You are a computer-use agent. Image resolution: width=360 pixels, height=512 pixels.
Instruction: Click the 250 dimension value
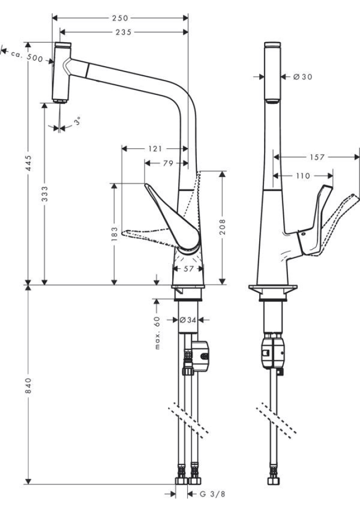pos(120,18)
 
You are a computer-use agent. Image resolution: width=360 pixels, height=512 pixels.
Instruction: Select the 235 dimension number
pos(123,32)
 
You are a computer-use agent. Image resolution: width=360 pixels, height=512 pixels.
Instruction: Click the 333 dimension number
pos(45,193)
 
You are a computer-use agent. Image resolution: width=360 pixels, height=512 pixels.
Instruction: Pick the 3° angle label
pos(78,122)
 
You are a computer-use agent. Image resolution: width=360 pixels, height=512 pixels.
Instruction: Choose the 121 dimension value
pos(155,149)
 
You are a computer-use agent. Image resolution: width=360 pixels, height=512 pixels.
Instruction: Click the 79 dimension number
pos(167,164)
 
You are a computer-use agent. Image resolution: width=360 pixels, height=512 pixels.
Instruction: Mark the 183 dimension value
pos(114,234)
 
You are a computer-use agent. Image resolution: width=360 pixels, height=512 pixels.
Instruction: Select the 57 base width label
pos(189,269)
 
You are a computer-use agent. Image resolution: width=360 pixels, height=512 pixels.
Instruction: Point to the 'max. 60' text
pos(157,332)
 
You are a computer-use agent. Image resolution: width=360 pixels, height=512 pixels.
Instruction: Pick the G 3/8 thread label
pos(212,494)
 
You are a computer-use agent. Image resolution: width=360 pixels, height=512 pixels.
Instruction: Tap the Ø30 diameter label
pos(302,77)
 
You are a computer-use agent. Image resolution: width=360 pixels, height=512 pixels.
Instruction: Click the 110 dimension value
pos(303,175)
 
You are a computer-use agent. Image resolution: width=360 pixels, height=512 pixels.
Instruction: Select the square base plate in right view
pos(273,291)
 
